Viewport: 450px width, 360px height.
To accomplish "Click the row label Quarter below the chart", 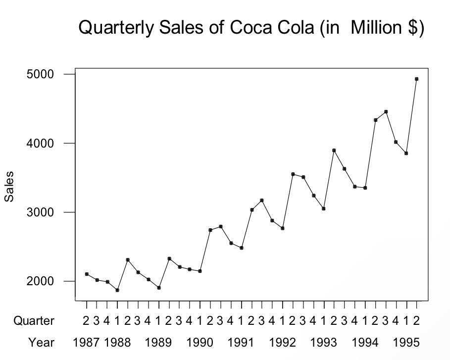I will pyautogui.click(x=34, y=321).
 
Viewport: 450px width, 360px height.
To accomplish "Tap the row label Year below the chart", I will pyautogui.click(x=42, y=342).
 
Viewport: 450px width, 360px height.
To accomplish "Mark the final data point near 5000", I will pyautogui.click(x=416, y=79).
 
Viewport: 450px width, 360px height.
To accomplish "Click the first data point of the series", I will pyautogui.click(x=87, y=274).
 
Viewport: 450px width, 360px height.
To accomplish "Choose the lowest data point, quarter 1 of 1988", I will pyautogui.click(x=117, y=290).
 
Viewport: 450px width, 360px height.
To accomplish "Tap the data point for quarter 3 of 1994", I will pyautogui.click(x=386, y=112).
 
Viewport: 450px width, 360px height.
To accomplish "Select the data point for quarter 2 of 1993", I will pyautogui.click(x=334, y=150).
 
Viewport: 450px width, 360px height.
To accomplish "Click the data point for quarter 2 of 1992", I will pyautogui.click(x=293, y=174).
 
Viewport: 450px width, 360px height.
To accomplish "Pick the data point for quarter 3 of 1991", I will pyautogui.click(x=262, y=200).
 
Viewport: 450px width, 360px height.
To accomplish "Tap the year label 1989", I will pyautogui.click(x=158, y=342).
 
